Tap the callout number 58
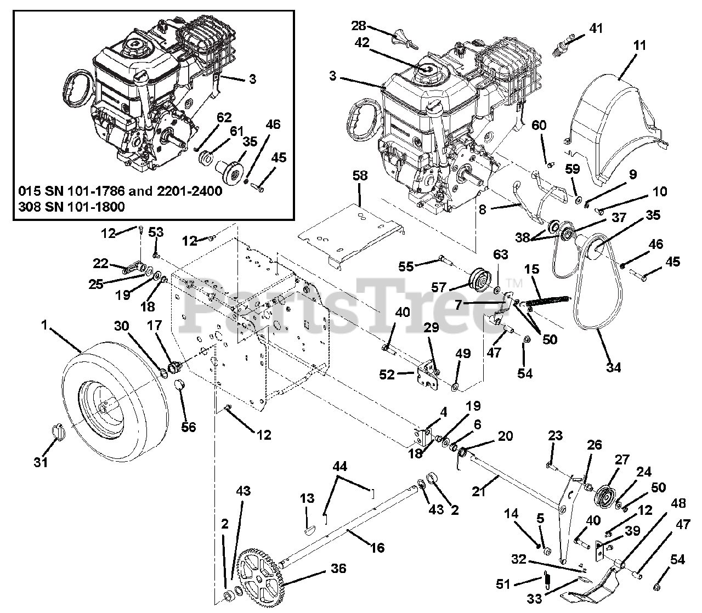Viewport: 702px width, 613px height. [x=360, y=175]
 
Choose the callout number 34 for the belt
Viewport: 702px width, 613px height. [x=613, y=367]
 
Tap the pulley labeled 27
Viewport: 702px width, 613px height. [x=605, y=498]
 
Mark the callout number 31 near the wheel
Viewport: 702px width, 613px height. [x=41, y=462]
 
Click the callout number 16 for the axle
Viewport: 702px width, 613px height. [x=377, y=547]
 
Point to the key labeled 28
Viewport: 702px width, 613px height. [x=404, y=40]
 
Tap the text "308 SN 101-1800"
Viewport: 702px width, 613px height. [x=71, y=207]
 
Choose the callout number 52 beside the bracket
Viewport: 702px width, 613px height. [x=387, y=374]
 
